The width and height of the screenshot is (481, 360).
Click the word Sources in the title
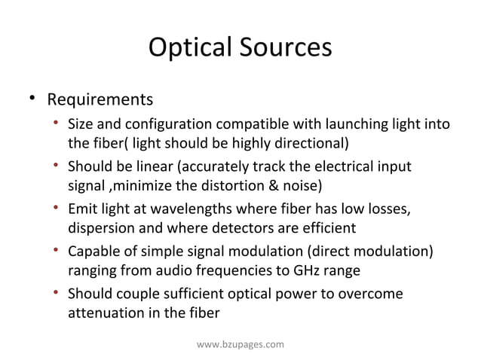coord(287,47)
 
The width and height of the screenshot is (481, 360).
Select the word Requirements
coord(100,99)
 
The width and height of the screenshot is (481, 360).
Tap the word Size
coord(81,124)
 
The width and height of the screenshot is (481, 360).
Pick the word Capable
coord(93,250)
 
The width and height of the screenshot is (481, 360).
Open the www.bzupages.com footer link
coord(240,344)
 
